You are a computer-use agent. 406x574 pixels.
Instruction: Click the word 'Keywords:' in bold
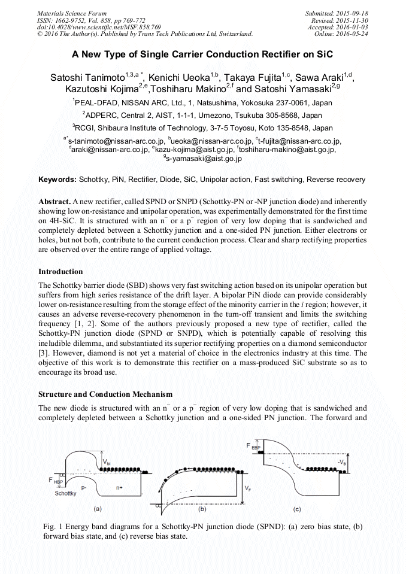point(57,180)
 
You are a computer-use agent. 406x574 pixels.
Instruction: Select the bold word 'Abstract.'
point(54,202)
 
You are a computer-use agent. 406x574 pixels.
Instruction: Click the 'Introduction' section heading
point(60,271)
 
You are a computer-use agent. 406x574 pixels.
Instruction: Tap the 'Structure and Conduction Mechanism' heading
point(105,394)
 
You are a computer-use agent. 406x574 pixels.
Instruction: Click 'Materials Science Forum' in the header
point(72,13)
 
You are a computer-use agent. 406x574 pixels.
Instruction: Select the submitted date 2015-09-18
point(351,13)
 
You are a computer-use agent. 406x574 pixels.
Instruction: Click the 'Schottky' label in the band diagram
point(65,494)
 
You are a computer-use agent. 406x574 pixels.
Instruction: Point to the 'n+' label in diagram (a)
point(120,488)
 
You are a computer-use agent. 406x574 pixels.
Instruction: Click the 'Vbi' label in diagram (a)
point(140,462)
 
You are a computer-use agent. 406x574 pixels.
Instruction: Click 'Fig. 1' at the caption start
point(54,526)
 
